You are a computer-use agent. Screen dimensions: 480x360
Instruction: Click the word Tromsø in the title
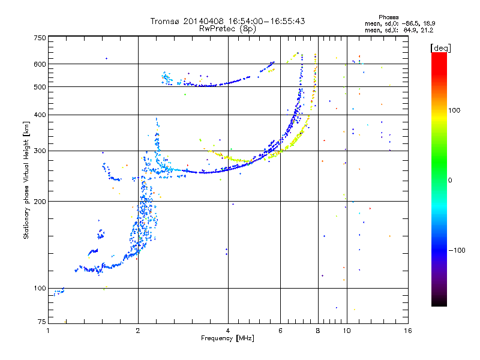tap(166, 21)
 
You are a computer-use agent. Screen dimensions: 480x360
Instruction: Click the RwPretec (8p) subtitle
tap(227, 29)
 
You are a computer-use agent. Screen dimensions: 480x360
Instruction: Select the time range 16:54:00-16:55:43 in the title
tap(266, 21)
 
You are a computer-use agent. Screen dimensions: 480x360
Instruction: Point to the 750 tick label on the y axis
tap(40, 38)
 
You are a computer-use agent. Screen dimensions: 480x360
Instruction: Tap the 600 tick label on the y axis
tap(40, 64)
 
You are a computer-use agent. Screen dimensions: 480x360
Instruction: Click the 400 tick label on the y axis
tap(40, 115)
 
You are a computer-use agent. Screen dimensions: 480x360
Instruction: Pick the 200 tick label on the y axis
tap(40, 202)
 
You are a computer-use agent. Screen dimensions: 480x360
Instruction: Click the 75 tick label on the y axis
tap(42, 322)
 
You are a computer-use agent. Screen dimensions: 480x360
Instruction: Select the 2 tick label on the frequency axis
tap(138, 331)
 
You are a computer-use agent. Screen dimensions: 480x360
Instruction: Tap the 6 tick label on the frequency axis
tap(280, 331)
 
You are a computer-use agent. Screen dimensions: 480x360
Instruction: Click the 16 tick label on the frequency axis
tap(408, 331)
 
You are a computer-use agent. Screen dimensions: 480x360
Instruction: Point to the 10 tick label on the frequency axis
tap(347, 331)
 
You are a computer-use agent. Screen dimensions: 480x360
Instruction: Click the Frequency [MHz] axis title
tap(227, 338)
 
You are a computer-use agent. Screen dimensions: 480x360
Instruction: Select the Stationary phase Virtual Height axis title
tap(26, 180)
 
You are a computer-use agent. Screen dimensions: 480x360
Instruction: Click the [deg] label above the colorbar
tap(440, 49)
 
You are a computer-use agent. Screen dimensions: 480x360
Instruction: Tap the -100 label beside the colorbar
tap(457, 250)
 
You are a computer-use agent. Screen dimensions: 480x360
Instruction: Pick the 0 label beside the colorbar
tap(450, 181)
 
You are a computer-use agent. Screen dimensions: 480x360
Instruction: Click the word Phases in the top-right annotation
tap(388, 17)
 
